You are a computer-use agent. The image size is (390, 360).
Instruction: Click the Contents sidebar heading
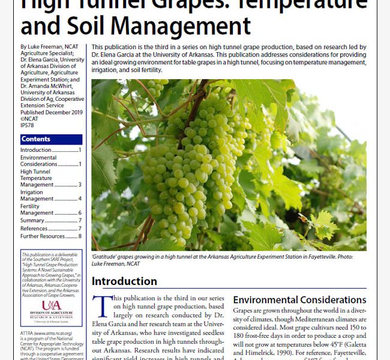(36, 139)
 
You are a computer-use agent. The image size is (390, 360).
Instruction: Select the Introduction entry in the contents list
(36, 150)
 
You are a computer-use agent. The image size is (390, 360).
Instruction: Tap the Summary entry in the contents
(32, 220)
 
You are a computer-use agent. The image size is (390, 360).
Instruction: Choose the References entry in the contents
(34, 229)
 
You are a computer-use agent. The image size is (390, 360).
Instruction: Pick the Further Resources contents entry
(43, 236)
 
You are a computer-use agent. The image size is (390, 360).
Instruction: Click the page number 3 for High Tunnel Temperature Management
(80, 185)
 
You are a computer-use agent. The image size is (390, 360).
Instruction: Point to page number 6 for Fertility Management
(80, 213)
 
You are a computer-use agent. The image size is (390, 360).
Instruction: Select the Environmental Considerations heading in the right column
(299, 299)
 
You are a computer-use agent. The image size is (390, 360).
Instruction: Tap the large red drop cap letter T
(103, 307)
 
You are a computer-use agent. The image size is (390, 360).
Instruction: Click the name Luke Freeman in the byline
(44, 47)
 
